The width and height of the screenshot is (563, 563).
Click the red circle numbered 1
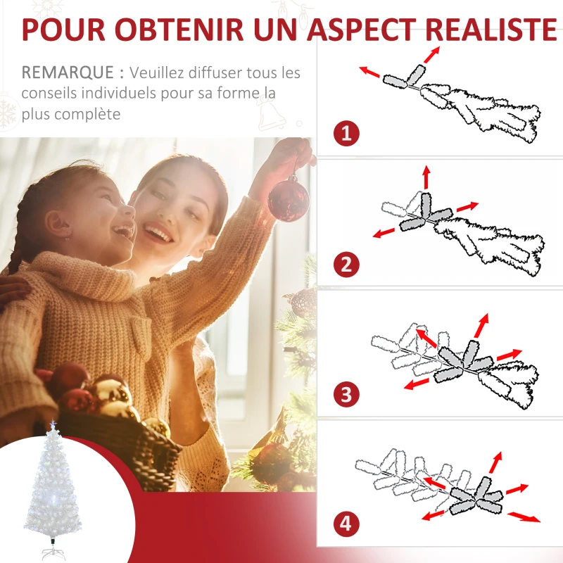(x=346, y=133)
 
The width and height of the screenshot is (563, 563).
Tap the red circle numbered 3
(x=346, y=394)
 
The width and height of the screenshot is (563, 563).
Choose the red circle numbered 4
(x=346, y=524)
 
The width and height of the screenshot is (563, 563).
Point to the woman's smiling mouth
(x=159, y=234)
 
